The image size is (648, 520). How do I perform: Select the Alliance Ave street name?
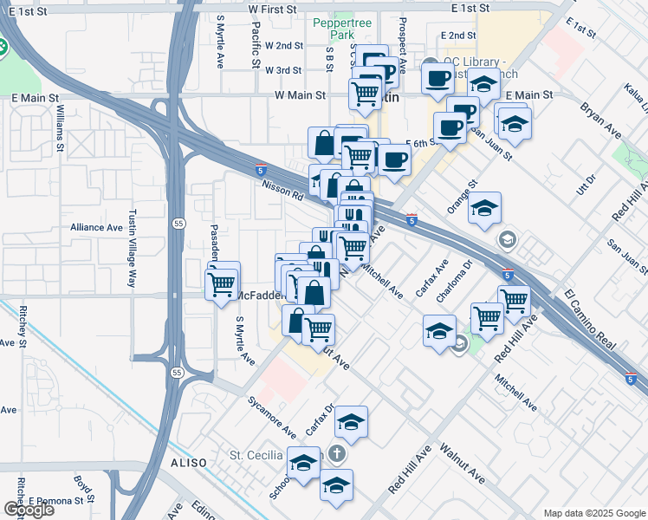[x=97, y=227]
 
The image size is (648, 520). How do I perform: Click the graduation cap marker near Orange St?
[x=484, y=207]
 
